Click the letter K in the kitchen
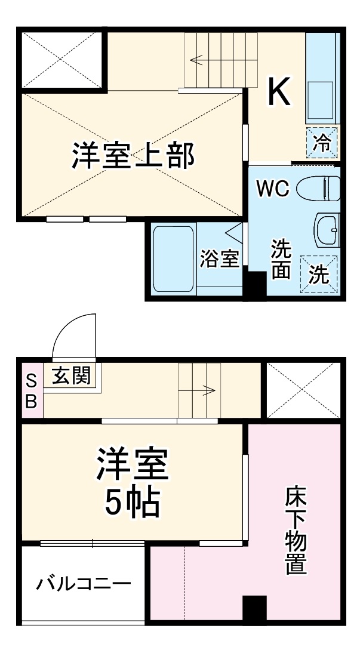pos(278,93)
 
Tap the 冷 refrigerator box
pos(322,143)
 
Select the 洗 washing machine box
pos(319,274)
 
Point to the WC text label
pos(273,189)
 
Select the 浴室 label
pos(219,260)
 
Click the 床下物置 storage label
pos(296,531)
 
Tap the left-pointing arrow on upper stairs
pos(197,59)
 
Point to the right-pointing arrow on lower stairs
pos(208,391)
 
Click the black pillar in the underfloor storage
pos(254,609)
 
